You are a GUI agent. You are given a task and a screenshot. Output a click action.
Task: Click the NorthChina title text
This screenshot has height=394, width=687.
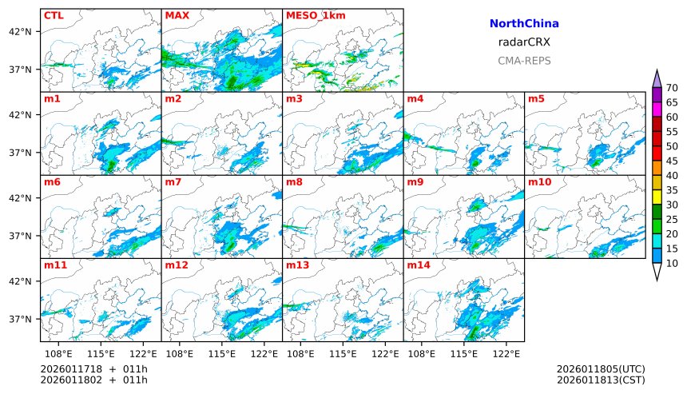click(524, 24)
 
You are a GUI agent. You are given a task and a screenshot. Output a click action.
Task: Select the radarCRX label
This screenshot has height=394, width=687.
click(524, 42)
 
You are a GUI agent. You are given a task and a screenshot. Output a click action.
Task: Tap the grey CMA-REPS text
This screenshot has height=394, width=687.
click(524, 60)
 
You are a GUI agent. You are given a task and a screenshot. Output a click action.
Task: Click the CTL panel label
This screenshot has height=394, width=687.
click(54, 15)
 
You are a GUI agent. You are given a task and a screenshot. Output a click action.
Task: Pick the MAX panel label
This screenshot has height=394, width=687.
click(177, 15)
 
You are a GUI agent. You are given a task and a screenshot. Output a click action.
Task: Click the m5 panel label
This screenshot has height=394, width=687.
click(536, 99)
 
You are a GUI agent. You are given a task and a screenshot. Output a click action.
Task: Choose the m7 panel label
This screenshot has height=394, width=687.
click(173, 182)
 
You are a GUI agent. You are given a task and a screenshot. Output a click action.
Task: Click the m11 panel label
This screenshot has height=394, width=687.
click(54, 265)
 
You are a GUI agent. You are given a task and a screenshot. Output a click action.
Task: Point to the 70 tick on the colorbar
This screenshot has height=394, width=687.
click(673, 88)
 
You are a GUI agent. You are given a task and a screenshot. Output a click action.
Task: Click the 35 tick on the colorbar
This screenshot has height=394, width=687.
click(673, 190)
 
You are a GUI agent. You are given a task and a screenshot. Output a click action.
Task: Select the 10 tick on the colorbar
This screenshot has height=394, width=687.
click(673, 263)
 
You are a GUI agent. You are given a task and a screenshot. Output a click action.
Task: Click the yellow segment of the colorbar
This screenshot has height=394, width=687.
click(657, 197)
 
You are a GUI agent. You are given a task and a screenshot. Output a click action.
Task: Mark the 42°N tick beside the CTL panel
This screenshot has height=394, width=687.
click(20, 32)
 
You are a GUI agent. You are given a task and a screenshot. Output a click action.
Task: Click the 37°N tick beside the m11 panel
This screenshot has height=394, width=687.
click(20, 319)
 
